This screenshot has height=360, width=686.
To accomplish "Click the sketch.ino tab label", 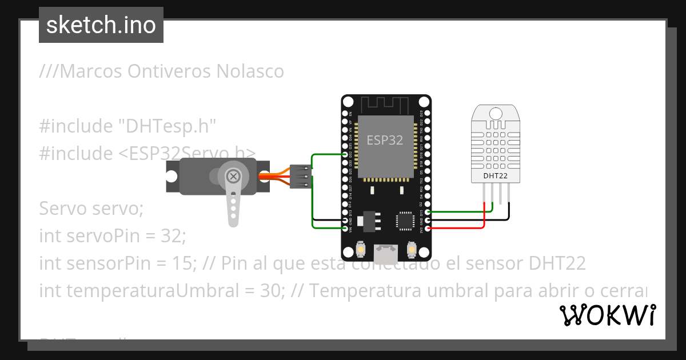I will click(101, 25).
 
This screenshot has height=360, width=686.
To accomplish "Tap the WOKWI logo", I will click(607, 315).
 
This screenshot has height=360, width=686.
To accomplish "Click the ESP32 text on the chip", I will click(385, 141).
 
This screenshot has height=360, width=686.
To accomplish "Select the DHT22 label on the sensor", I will click(495, 175).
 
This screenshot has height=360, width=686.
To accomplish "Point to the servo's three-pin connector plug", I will click(300, 177).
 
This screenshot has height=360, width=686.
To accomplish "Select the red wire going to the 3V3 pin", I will click(457, 229).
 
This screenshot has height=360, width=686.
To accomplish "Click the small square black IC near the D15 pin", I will click(405, 221).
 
